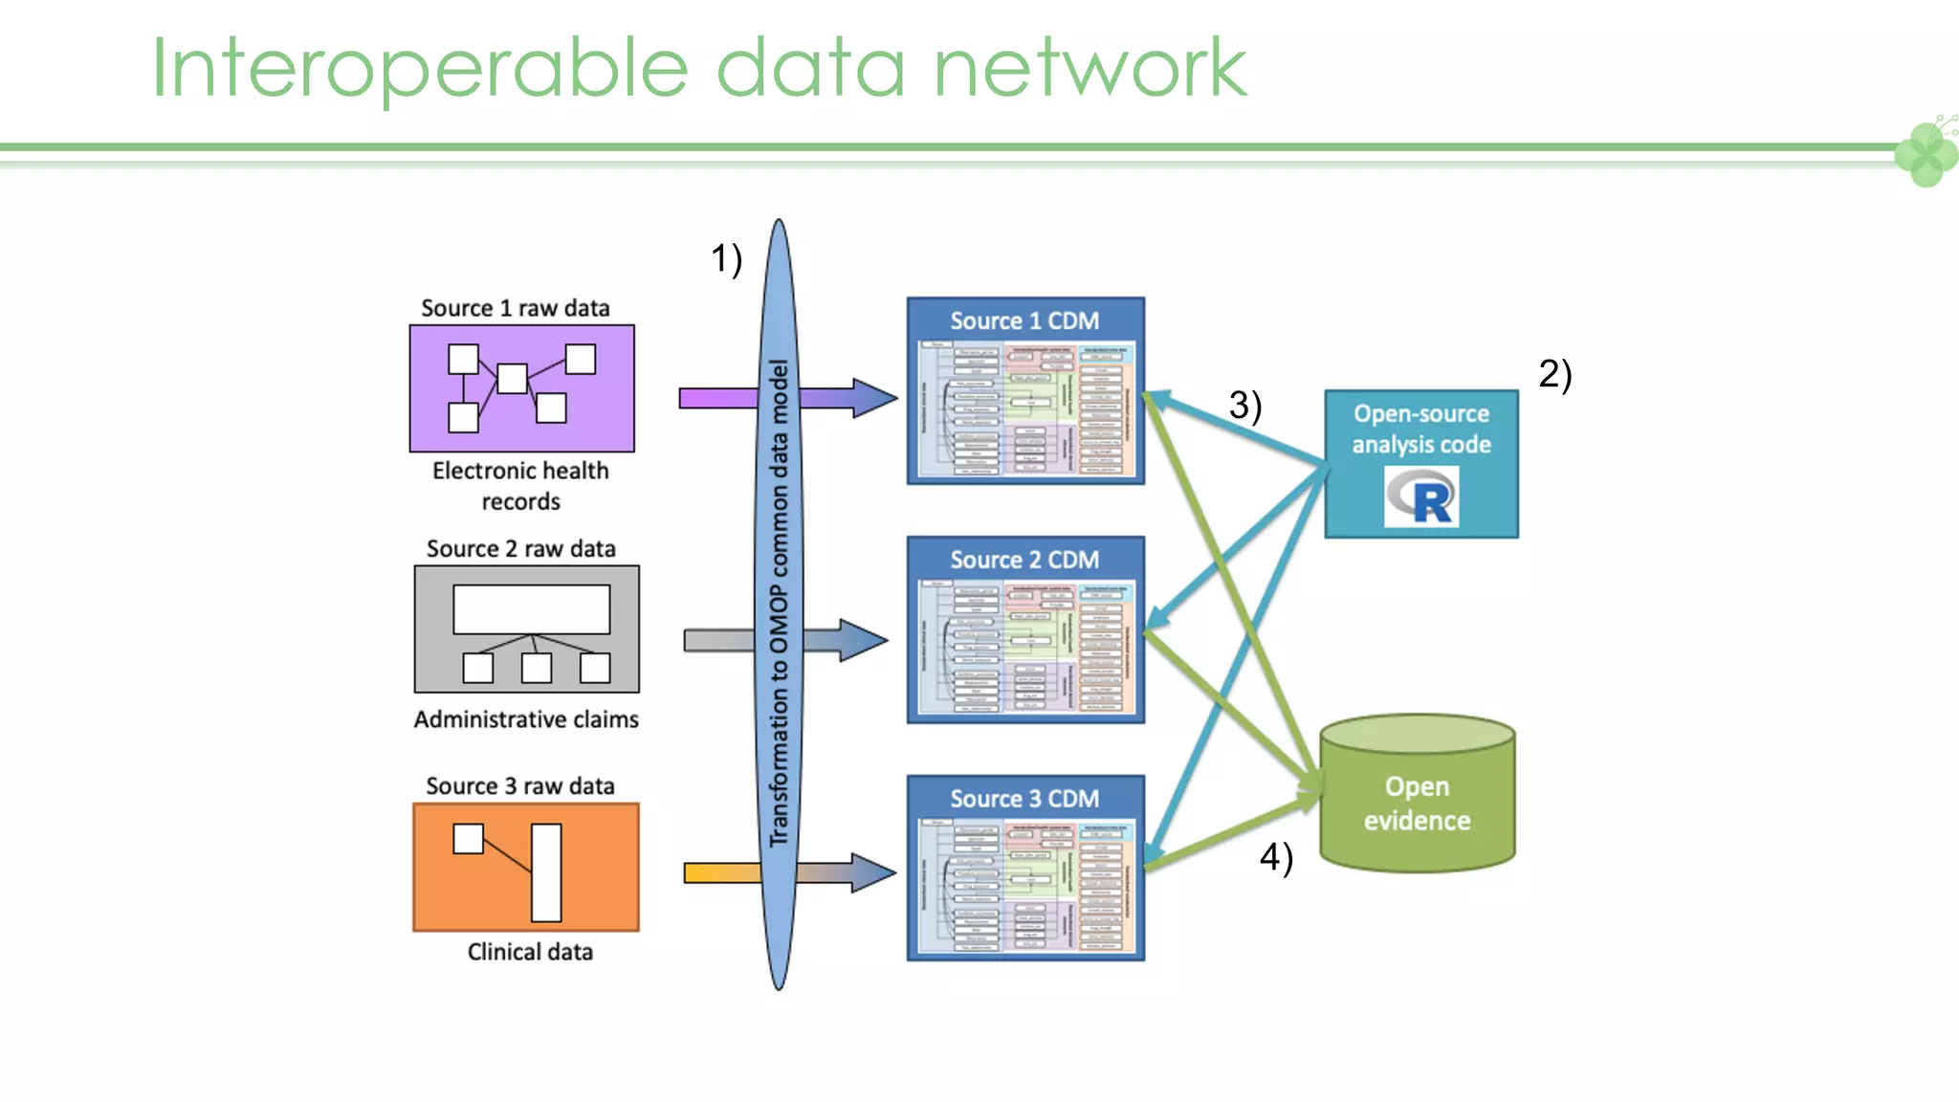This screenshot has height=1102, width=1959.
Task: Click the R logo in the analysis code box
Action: coord(1421,496)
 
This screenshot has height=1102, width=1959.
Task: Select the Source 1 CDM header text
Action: coord(1024,320)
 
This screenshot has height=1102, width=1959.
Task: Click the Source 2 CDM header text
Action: coord(1024,560)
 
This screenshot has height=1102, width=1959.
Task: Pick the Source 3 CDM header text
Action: coord(1024,798)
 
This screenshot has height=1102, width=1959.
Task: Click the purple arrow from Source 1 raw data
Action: coord(717,398)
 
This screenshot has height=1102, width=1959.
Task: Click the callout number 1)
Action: coord(726,258)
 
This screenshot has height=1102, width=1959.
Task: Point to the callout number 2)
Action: coord(1554,373)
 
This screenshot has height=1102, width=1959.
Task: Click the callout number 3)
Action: coord(1244,405)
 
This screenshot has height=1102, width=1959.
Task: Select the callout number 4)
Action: coord(1275,856)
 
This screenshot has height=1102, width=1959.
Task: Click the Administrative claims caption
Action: coord(526,719)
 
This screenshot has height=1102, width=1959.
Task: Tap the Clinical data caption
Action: coord(530,952)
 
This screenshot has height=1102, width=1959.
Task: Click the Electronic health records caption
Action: coord(520,485)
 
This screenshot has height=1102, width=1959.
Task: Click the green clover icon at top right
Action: coord(1926,153)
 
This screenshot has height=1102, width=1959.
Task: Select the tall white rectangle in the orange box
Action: coord(546,871)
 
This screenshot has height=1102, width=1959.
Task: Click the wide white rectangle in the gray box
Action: coord(531,609)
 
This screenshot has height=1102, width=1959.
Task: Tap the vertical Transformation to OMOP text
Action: coord(780,603)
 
